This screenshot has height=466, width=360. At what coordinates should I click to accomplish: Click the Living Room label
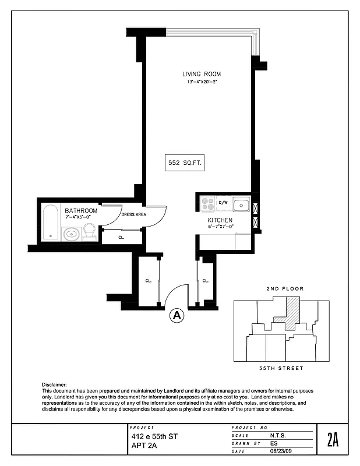[x=201, y=74]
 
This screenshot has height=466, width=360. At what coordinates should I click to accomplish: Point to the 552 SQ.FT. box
[x=184, y=164]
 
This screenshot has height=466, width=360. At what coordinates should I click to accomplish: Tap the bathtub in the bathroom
[x=50, y=223]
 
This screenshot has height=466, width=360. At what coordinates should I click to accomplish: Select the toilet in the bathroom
[x=89, y=231]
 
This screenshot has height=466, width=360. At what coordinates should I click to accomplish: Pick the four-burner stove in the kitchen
[x=207, y=203]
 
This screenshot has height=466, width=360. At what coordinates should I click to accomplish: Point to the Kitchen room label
[x=221, y=220]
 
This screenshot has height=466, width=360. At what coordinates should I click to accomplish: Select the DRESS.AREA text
[x=133, y=214]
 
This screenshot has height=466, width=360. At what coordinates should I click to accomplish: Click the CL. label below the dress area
[x=121, y=237]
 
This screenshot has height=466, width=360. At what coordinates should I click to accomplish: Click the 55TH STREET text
[x=281, y=368]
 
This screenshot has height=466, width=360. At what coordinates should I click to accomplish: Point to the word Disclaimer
[x=54, y=385]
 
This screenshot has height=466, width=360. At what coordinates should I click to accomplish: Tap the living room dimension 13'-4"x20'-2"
[x=201, y=82]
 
